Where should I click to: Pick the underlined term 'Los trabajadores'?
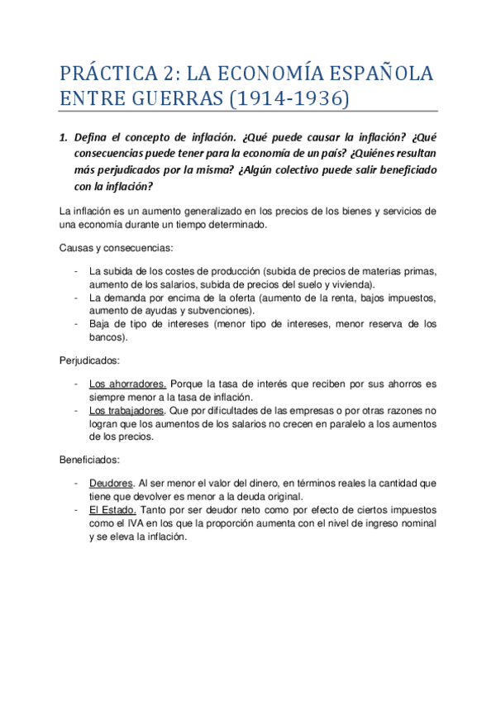pyautogui.click(x=126, y=410)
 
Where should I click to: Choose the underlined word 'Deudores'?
pyautogui.click(x=111, y=482)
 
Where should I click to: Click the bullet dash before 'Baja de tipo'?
pyautogui.click(x=76, y=324)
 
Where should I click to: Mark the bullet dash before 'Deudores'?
pyautogui.click(x=76, y=482)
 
